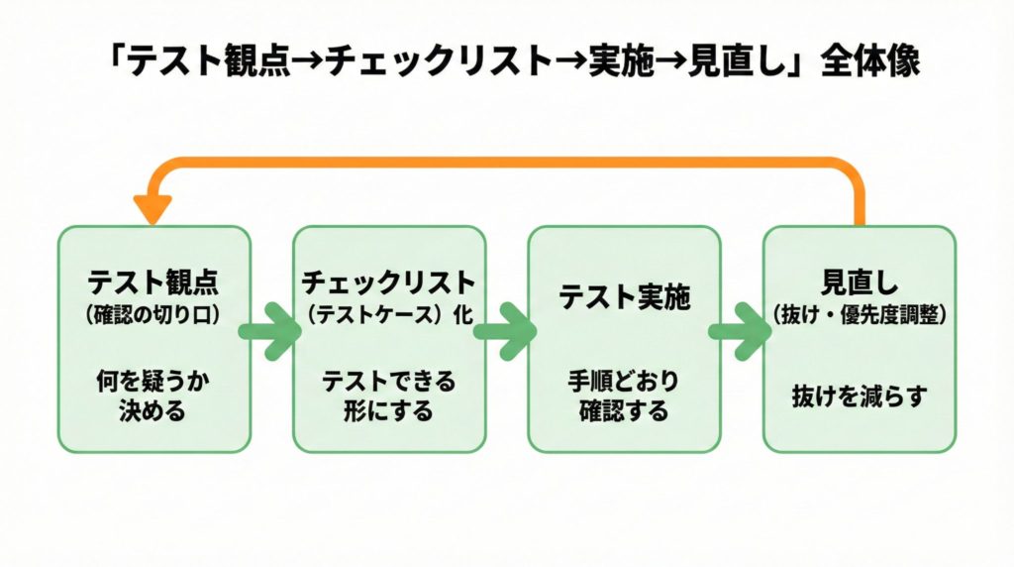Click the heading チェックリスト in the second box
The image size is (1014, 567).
[x=388, y=282]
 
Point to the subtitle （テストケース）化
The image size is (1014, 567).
[x=388, y=315]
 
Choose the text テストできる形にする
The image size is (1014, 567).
[x=388, y=396]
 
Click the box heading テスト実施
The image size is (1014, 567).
[x=624, y=296]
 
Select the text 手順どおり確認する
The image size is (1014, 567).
[x=624, y=396]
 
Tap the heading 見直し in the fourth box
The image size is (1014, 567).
[x=859, y=282]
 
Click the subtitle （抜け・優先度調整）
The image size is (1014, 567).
[x=859, y=315]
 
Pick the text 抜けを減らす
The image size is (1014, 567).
[x=859, y=396]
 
